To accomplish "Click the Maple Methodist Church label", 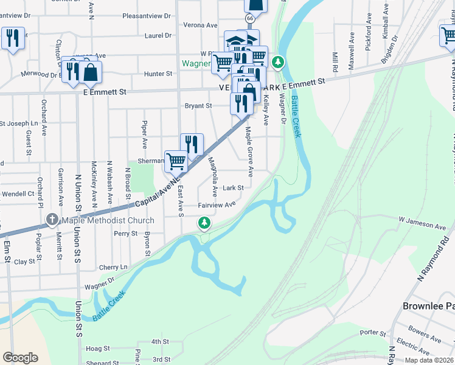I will [108, 220].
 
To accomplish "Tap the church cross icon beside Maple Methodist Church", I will [52, 220].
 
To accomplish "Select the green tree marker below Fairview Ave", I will [205, 224].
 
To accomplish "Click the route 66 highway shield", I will [249, 19].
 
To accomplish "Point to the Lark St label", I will [233, 188].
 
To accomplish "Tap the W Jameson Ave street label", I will [422, 223].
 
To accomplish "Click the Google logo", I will [20, 358].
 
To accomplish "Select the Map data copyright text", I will [429, 360].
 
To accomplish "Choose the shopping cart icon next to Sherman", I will [176, 161].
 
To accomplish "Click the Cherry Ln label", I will [113, 267].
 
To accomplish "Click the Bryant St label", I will [199, 105].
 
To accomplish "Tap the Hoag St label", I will [97, 349].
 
